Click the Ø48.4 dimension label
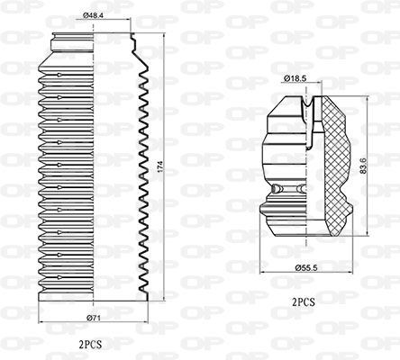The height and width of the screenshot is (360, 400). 95,15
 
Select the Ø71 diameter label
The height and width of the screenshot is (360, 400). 93,316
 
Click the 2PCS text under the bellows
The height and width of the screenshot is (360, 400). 92,344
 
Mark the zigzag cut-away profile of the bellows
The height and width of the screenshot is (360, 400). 142,171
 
